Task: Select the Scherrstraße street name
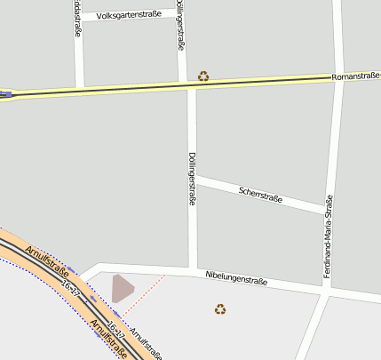tap(260, 193)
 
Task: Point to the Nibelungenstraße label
tap(235, 279)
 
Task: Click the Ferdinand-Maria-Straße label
tap(328, 236)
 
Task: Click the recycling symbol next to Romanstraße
tap(203, 76)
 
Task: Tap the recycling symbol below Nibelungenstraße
tap(220, 309)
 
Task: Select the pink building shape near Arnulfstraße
tap(122, 288)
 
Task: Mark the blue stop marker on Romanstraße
tap(7, 93)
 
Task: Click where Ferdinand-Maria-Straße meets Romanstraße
tap(338, 78)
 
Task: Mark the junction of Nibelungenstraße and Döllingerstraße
tap(193, 268)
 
